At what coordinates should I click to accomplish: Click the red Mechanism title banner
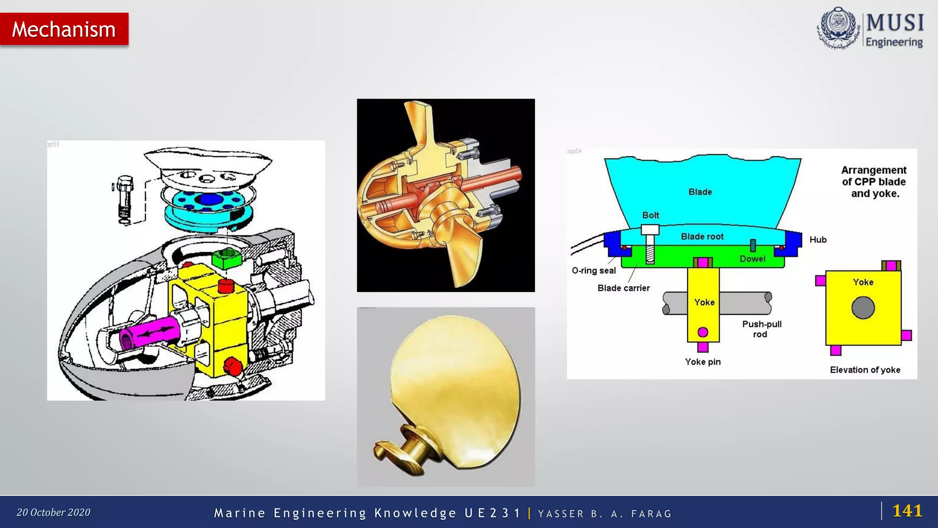point(64,29)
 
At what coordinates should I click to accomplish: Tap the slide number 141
point(907,511)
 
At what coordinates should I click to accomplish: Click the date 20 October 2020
point(54,512)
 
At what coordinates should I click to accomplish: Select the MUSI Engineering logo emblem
point(838,28)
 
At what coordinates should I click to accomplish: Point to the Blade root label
point(702,236)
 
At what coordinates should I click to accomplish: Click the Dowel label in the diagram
point(753,259)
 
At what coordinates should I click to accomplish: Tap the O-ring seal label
point(594,271)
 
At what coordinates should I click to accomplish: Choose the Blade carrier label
point(623,288)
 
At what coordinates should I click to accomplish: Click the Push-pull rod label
point(762,329)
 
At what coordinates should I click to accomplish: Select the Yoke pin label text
point(703,362)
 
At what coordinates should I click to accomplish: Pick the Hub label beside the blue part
point(818,240)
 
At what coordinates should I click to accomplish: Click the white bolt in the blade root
point(650,243)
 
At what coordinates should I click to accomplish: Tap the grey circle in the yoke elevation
point(863,308)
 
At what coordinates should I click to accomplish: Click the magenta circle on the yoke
point(703,332)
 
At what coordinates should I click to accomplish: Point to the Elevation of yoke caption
point(865,370)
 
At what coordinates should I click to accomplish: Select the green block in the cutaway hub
point(226,259)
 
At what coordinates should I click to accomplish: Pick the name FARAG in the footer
point(651,514)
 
